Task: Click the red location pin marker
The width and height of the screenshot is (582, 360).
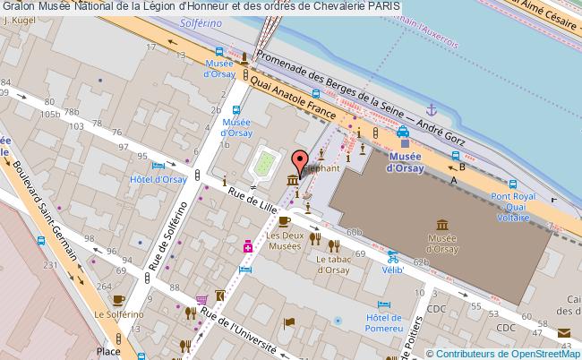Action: (x=299, y=161)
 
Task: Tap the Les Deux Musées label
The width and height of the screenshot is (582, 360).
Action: (x=285, y=242)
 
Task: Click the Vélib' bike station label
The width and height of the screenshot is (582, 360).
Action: (x=389, y=268)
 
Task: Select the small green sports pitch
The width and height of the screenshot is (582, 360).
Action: (x=264, y=164)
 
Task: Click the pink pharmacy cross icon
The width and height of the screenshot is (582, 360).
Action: (x=247, y=244)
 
